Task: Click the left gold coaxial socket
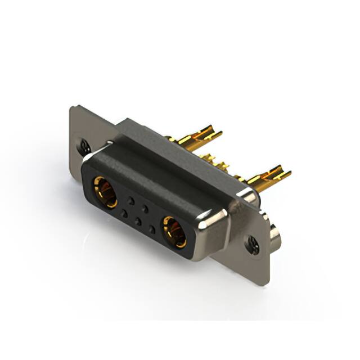coord(105,192)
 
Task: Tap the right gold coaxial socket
coord(174,231)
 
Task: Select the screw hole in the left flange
coord(84,147)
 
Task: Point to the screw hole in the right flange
coord(252,245)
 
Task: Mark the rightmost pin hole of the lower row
coord(152,229)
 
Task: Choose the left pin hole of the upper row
coord(131,200)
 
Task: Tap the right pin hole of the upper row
coord(145,209)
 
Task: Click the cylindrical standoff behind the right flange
coord(274,235)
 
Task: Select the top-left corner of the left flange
coord(72,108)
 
